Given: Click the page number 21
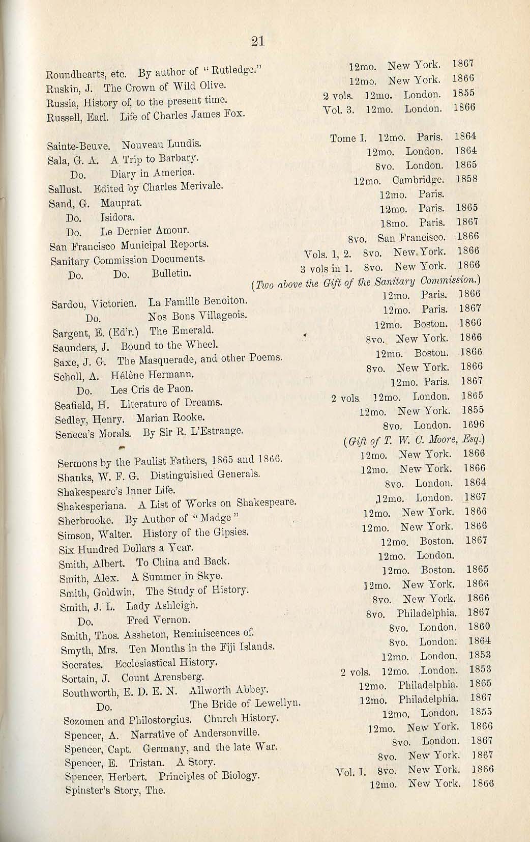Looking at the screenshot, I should pyautogui.click(x=258, y=42).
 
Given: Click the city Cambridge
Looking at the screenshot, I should pyautogui.click(x=418, y=180).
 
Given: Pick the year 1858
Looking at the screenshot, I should pyautogui.click(x=466, y=179).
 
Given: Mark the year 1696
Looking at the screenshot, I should pyautogui.click(x=473, y=424).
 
